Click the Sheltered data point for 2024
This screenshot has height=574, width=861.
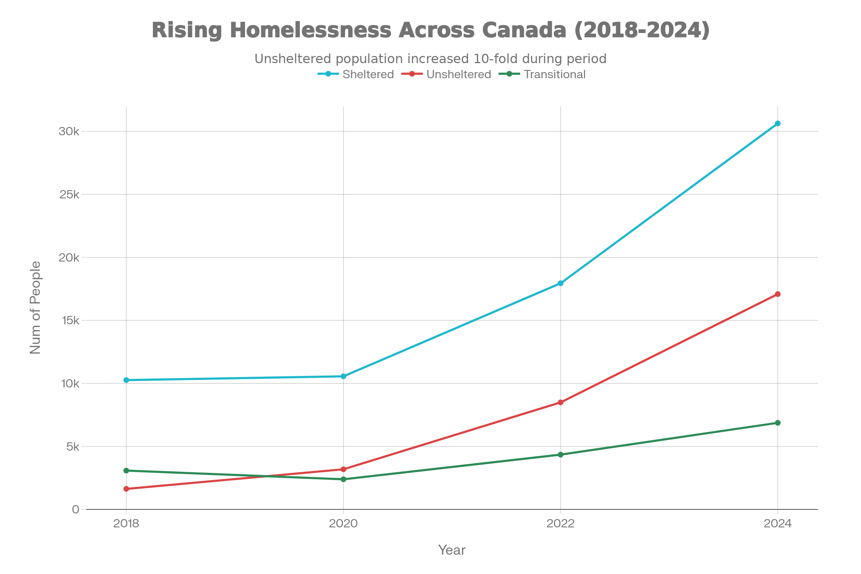(x=777, y=124)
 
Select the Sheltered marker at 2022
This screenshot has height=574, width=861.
(x=560, y=283)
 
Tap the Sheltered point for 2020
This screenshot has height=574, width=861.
(x=343, y=376)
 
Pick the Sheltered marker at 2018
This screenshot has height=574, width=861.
(x=126, y=380)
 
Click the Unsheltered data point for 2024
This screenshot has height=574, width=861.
(x=777, y=294)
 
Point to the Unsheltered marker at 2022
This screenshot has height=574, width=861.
(x=560, y=403)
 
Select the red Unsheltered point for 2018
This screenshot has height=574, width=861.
(x=126, y=489)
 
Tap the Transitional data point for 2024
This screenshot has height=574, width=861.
(x=777, y=423)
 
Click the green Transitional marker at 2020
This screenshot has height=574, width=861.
(x=343, y=479)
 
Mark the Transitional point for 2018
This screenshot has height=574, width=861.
(x=126, y=470)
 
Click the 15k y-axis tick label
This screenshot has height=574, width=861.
(x=70, y=320)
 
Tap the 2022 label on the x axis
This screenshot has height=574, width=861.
(x=560, y=523)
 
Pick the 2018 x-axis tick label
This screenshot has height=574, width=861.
(x=126, y=523)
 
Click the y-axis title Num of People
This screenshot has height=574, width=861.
(x=36, y=307)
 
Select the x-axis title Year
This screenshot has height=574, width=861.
(x=452, y=550)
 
